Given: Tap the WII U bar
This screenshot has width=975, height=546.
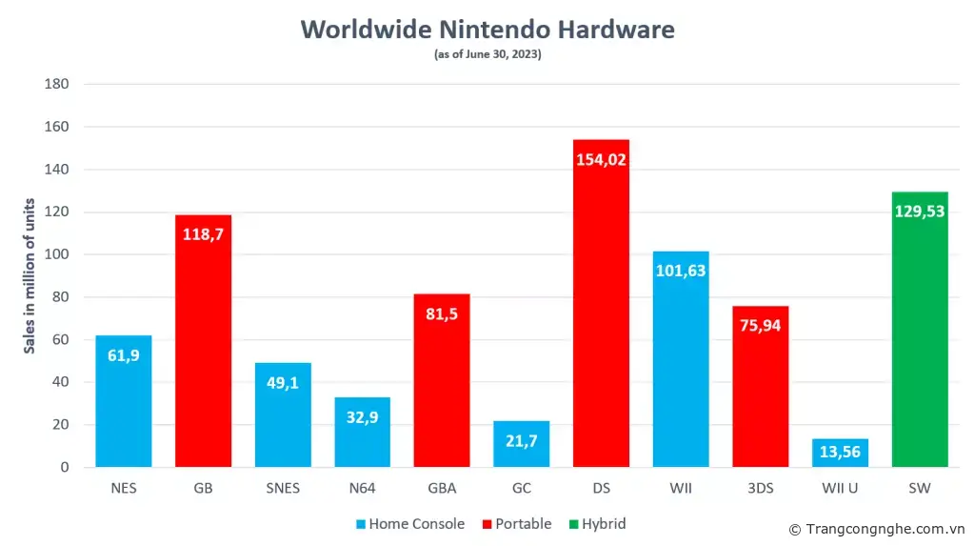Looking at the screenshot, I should click(840, 454).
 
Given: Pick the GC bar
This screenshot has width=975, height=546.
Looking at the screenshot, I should click(521, 444).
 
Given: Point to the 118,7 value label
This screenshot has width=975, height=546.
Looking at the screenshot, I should click(204, 233).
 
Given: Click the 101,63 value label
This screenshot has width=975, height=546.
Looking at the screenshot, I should click(681, 270).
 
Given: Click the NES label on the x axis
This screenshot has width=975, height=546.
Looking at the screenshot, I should click(124, 489).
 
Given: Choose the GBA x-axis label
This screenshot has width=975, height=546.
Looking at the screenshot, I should click(442, 489).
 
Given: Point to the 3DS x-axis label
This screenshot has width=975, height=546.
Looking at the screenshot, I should click(760, 489).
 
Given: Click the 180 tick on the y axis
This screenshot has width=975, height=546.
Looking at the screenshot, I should click(57, 84).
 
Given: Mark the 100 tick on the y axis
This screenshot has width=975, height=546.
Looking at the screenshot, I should click(57, 254).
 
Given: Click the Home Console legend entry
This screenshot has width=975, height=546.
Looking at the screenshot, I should click(410, 524).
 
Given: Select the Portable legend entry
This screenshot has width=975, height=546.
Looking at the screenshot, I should click(516, 524).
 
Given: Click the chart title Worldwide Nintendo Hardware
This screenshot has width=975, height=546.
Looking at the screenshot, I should click(487, 30).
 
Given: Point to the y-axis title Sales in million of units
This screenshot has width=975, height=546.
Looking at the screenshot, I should click(30, 276).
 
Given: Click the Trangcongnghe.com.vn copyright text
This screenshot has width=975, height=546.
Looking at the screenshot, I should click(877, 529).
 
